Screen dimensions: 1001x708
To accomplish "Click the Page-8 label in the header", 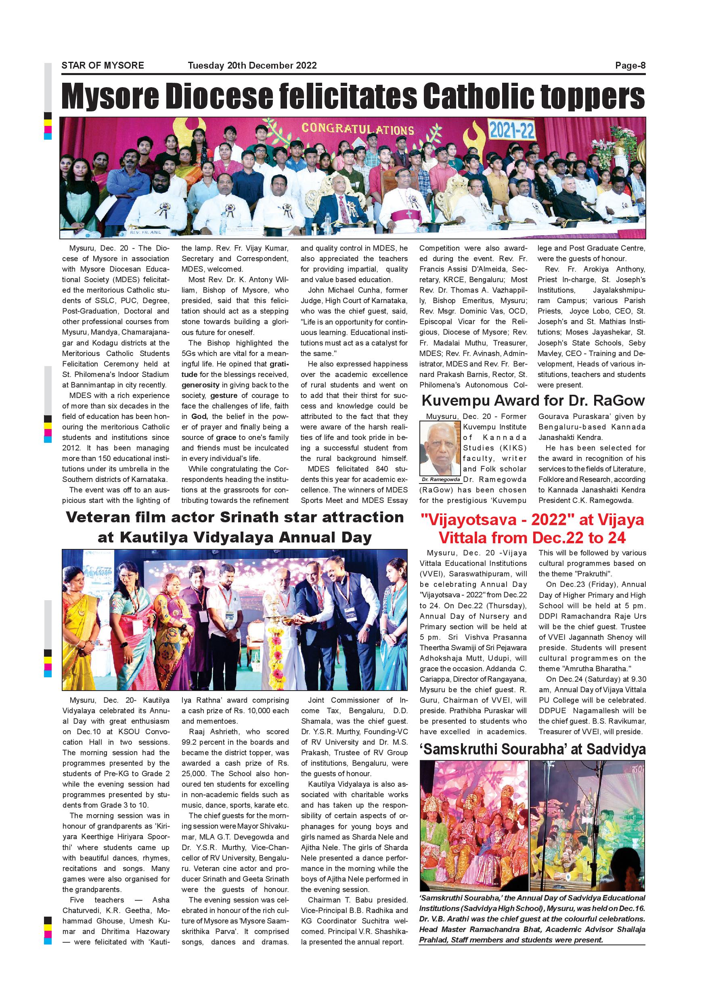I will tap(630, 66).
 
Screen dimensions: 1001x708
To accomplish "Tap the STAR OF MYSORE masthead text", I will tap(103, 66).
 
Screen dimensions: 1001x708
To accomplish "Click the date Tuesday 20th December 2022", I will tap(252, 66).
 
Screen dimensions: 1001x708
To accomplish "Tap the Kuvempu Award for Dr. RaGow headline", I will tap(532, 400).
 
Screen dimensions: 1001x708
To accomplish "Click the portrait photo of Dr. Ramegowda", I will tap(440, 448).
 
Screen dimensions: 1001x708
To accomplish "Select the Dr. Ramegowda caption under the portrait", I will tap(440, 480).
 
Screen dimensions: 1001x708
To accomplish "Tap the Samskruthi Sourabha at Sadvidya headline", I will tap(532, 749).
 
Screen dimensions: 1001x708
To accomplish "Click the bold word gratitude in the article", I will tap(279, 364).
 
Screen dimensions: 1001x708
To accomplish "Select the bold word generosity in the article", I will tap(201, 385).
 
